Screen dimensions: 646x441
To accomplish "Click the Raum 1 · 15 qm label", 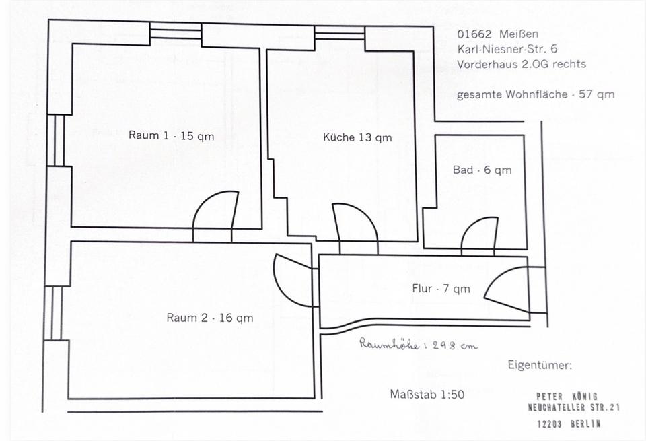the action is coord(172,135).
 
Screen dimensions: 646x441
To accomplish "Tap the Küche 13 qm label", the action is coord(357,137).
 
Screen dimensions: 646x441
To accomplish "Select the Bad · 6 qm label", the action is coord(482,170).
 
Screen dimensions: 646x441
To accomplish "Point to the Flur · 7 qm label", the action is coord(441,289).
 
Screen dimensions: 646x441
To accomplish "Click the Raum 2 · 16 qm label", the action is coord(210,318).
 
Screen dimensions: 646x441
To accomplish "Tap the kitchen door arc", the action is coord(355,229).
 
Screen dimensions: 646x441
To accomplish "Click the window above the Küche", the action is coord(339,32).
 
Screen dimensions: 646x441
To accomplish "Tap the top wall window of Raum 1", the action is coord(176,31).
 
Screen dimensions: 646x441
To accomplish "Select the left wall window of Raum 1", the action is coord(56,141).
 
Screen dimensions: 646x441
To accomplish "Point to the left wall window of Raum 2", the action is coord(53,313).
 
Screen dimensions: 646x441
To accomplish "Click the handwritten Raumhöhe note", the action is coord(418,344).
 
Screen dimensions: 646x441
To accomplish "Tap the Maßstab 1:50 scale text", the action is coord(427,395).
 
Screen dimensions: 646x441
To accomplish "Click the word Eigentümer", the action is coord(540,365).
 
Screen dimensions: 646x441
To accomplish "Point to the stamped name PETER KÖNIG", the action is coord(567,397).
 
